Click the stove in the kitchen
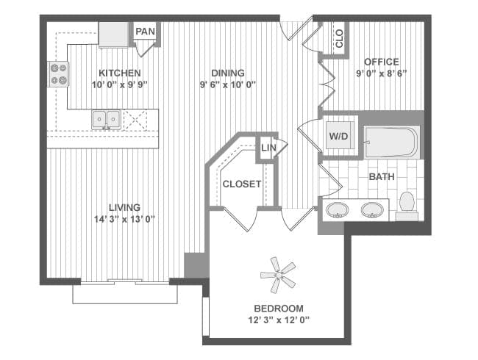tap(58, 74)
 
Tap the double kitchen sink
tap(106, 120)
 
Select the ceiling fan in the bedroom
tap(278, 275)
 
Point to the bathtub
tap(392, 143)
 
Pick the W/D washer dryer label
tap(338, 136)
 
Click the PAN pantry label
tap(145, 32)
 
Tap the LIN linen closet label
tap(268, 148)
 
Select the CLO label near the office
tap(339, 38)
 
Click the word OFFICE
tap(382, 62)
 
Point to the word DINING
tap(228, 73)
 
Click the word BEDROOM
tap(279, 309)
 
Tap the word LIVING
tap(125, 207)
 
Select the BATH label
tap(382, 176)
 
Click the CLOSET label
tap(242, 184)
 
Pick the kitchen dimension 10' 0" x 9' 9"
tap(119, 84)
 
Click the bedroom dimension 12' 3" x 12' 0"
tap(279, 320)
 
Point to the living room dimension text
tap(125, 219)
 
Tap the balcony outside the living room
tap(125, 294)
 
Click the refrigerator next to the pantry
tap(114, 35)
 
